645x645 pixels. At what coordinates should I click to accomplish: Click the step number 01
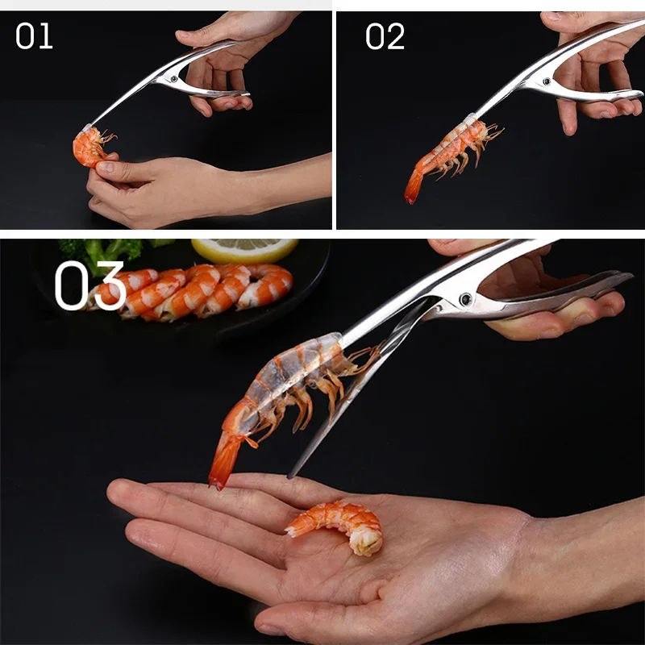34,35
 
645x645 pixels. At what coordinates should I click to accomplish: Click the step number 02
385,36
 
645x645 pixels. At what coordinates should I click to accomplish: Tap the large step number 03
90,285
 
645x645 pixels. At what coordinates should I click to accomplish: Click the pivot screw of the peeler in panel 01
174,78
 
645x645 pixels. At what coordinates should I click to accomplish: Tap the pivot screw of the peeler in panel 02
547,81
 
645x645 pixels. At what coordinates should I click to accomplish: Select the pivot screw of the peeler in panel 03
466,299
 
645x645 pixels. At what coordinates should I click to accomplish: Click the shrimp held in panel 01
90,146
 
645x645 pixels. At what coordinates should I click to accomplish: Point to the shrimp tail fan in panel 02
414,187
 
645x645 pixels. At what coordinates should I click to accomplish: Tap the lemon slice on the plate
245,249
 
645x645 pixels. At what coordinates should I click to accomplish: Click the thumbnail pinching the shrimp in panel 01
106,167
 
